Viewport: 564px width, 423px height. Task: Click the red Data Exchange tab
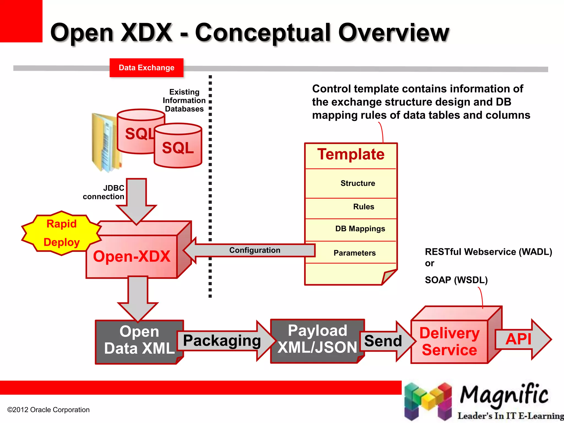146,68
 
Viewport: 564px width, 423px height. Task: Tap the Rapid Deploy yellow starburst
61,233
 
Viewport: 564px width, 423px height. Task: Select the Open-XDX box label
132,256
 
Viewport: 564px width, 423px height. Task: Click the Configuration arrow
254,250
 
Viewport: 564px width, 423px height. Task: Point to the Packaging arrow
222,341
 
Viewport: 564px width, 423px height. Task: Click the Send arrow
383,341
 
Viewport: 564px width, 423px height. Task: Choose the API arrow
518,339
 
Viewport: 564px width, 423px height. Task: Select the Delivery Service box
449,341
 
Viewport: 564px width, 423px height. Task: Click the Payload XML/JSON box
317,339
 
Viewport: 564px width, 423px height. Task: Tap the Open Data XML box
139,340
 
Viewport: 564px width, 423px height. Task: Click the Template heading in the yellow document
351,154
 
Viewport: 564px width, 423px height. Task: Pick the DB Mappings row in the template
360,229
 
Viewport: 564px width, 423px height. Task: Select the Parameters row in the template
354,253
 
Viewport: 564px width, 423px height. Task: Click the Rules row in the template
364,207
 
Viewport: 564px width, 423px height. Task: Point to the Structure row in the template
357,183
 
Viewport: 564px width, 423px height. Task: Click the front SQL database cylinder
178,148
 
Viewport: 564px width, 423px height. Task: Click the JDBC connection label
104,192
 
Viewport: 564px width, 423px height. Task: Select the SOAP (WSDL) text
456,280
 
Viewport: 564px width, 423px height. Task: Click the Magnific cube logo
428,401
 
